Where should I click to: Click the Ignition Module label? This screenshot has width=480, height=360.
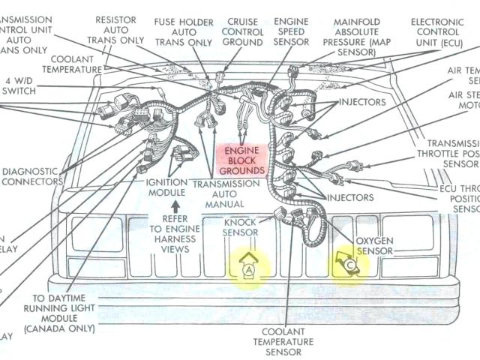[166, 187]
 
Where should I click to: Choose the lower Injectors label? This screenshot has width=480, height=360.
[349, 197]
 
